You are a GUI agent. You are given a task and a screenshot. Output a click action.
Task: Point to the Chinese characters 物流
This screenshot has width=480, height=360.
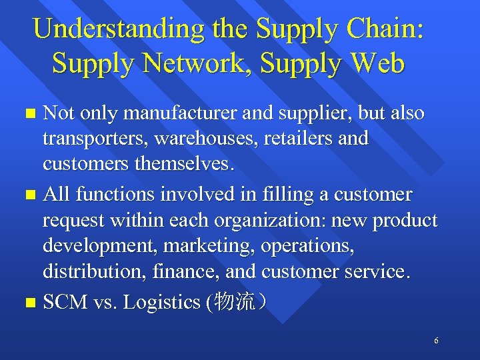coord(235,302)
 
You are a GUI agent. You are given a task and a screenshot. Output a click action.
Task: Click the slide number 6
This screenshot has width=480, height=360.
coord(436,341)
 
